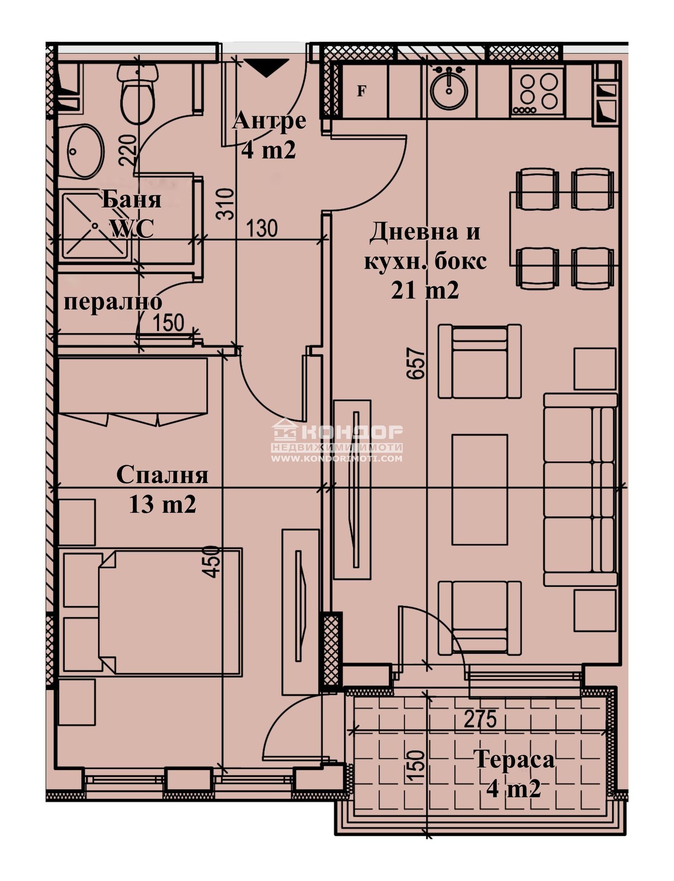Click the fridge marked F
361,90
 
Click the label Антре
269,121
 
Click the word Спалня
162,475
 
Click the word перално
112,302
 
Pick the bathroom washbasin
84,151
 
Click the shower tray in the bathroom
96,226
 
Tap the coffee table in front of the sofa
479,490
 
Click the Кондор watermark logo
337,439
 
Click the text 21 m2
425,290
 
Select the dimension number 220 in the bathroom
128,149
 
